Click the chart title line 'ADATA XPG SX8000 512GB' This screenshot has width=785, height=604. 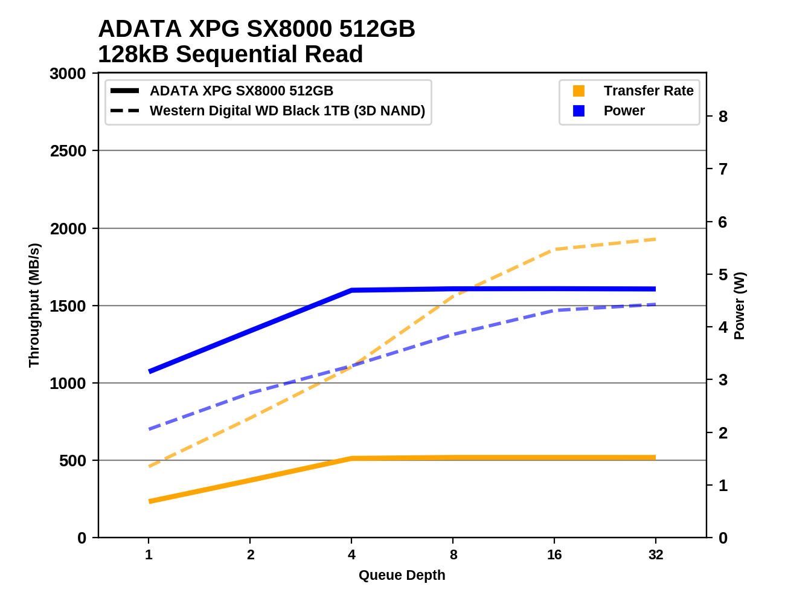(256, 29)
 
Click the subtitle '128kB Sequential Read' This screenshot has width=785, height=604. (230, 54)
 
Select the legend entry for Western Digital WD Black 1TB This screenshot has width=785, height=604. (287, 111)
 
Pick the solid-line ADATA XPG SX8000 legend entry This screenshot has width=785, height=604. (241, 91)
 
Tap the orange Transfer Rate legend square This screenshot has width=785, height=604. (578, 91)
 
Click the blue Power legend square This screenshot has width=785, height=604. (578, 111)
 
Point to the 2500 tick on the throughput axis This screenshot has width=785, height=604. (68, 151)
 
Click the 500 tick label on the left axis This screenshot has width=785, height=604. (73, 461)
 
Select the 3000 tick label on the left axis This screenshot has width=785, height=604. (68, 74)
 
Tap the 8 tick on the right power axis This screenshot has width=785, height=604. (723, 117)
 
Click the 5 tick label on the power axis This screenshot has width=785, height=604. (723, 275)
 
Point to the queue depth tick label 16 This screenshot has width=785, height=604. (554, 554)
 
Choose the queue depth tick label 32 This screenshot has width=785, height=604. (656, 554)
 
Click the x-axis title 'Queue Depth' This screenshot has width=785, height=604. (402, 575)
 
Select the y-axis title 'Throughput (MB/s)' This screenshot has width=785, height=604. (34, 305)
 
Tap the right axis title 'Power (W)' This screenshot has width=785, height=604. (740, 306)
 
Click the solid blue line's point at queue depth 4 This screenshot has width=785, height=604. (351, 291)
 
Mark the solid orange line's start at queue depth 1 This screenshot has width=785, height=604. (149, 501)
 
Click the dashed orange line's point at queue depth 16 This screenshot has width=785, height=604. (554, 249)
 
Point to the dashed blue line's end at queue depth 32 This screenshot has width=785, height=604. (655, 304)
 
